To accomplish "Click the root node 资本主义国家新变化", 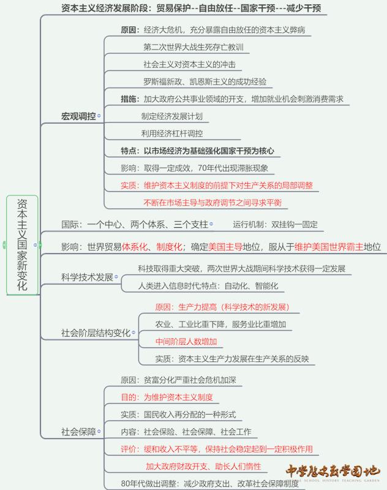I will pos(22,245).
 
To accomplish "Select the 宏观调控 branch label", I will pos(78,115).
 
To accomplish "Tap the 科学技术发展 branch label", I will pos(88,277).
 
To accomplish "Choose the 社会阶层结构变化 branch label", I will pos(96,333).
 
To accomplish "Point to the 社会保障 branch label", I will pos(78,432).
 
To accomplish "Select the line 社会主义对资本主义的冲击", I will pos(189,64).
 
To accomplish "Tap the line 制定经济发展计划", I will pos(172,116).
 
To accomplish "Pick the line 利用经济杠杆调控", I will pos(172,134).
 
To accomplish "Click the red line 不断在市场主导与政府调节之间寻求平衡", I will pos(212,202).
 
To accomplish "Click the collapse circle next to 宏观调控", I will pos(100,115).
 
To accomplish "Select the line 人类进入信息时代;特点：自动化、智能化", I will pos(208,286).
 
